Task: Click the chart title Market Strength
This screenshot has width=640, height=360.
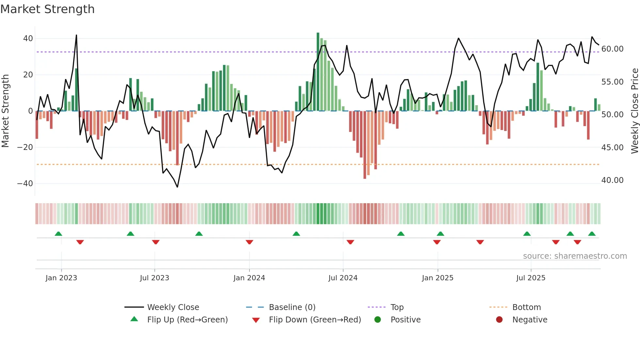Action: [x=47, y=9]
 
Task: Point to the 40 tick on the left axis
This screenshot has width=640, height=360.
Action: [x=28, y=39]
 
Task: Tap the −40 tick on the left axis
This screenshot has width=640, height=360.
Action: [x=25, y=184]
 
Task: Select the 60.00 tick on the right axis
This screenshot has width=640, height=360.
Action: [x=612, y=49]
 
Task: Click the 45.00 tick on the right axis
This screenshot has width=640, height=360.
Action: [x=612, y=148]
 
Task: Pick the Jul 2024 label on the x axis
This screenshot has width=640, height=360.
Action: [x=343, y=278]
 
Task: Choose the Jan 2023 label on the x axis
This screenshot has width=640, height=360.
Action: [x=61, y=278]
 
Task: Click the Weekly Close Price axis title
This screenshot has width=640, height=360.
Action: [x=634, y=111]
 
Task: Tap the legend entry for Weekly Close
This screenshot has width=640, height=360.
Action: [x=173, y=307]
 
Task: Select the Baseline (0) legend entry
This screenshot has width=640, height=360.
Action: [x=292, y=307]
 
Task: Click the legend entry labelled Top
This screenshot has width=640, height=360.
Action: [x=397, y=307]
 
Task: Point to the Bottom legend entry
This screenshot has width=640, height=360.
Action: [x=526, y=307]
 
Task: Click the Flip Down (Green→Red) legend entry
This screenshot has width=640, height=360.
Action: [x=315, y=320]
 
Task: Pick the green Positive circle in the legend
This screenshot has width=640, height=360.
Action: [x=378, y=320]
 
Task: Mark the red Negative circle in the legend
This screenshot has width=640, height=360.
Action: [x=499, y=320]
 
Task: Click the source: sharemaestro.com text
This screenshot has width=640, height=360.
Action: [x=575, y=256]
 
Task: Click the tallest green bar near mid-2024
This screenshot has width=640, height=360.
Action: [x=318, y=72]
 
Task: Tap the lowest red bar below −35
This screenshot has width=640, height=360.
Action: [x=365, y=145]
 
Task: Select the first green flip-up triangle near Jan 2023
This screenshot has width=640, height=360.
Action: [x=58, y=234]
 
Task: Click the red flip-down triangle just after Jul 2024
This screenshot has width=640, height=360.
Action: [x=350, y=242]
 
